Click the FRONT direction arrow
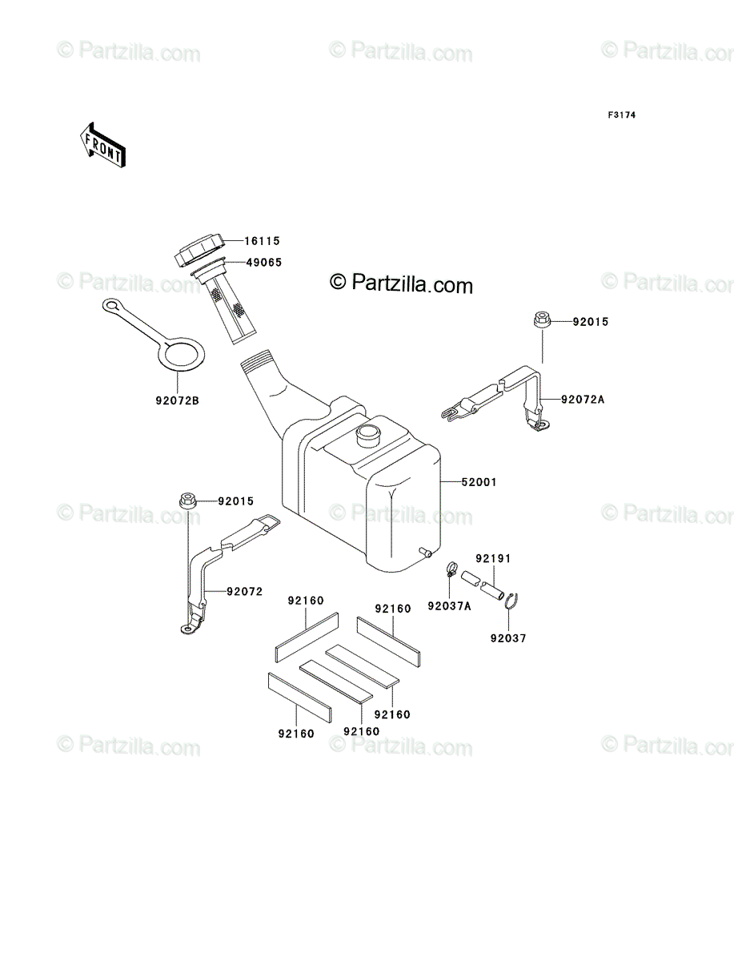click(102, 145)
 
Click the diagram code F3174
click(621, 115)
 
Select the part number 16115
click(262, 241)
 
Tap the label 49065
click(264, 262)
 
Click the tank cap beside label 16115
click(199, 251)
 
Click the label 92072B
click(177, 400)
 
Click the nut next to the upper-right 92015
click(542, 319)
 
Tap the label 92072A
click(583, 400)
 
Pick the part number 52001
click(479, 482)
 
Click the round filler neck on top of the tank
click(369, 435)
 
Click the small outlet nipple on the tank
click(425, 553)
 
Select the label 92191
click(493, 558)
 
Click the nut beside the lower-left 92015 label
click(187, 501)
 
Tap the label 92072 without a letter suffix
click(244, 592)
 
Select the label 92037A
click(449, 606)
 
